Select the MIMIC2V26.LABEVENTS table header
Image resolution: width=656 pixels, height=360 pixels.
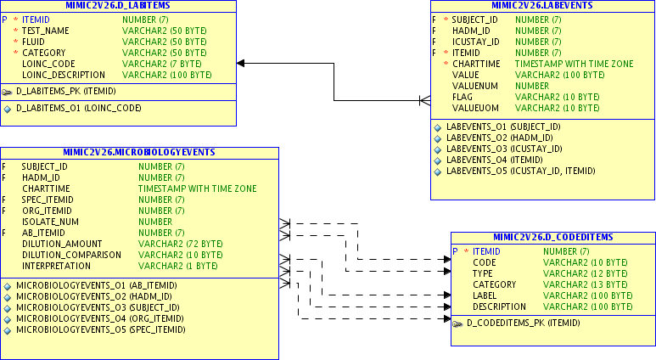point(541,5)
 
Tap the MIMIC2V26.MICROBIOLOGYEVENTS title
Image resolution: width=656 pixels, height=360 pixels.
point(139,153)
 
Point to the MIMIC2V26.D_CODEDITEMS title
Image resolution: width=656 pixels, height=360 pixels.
point(552,237)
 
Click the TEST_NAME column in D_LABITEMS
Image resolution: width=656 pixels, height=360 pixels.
point(45,31)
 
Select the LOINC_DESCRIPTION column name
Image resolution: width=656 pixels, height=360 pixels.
point(62,75)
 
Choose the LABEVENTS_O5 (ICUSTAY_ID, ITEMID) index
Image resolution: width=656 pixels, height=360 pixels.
point(514,171)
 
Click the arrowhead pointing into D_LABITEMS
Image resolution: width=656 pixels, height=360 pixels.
point(241,63)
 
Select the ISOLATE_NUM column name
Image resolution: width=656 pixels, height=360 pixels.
point(50,222)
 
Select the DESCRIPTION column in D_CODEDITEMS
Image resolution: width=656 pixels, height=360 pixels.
point(499,307)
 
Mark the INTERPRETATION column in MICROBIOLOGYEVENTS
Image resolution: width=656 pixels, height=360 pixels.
point(56,266)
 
